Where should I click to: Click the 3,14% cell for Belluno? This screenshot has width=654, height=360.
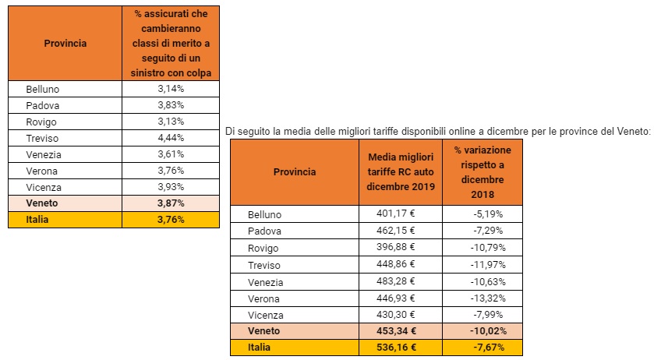[x=170, y=89]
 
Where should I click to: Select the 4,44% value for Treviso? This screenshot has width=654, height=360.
[x=170, y=138]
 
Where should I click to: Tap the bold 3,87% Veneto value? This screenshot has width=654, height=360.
[x=170, y=203]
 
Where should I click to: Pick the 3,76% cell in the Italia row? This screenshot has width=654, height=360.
[x=170, y=220]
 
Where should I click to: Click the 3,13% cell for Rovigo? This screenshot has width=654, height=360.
[x=170, y=122]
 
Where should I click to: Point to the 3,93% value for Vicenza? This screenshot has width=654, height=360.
[x=170, y=187]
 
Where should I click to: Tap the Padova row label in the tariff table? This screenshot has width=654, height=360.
[x=265, y=231]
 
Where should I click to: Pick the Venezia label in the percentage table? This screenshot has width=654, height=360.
[x=44, y=154]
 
